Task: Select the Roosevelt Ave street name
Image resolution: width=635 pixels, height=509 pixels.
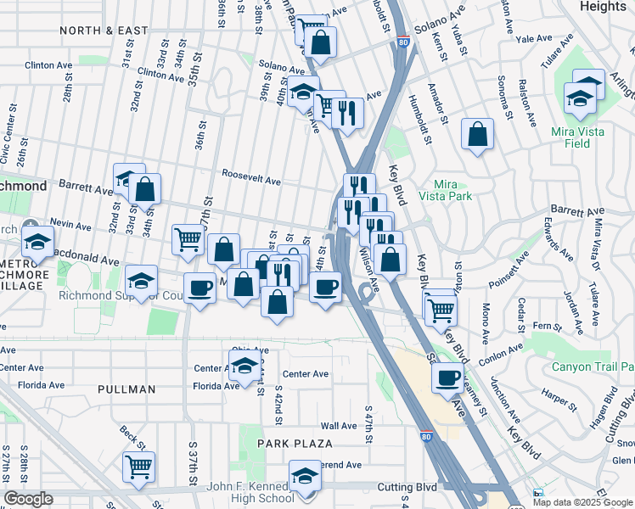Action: (251, 181)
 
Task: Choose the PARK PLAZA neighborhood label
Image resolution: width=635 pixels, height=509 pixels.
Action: (295, 444)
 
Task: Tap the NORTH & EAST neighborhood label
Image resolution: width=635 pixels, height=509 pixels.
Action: (104, 31)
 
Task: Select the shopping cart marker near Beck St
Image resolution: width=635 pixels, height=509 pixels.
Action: (138, 465)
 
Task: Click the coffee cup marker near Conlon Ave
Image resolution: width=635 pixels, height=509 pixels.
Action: (447, 378)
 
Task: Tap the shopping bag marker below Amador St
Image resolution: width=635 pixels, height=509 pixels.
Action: (478, 134)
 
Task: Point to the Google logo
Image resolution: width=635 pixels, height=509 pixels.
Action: (28, 498)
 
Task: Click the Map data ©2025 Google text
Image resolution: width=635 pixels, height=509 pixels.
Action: (583, 502)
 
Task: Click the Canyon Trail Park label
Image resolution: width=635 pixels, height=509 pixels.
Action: (593, 367)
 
